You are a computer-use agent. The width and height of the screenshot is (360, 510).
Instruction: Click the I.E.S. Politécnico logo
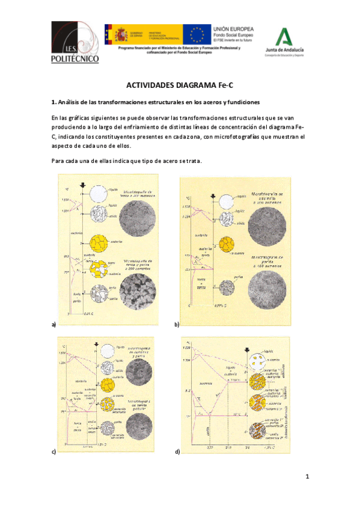point(74,43)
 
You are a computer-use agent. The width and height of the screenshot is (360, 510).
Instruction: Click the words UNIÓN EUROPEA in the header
point(234,28)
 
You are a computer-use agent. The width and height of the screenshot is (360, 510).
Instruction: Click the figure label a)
point(53,324)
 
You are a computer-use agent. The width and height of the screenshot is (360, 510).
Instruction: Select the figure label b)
point(177,324)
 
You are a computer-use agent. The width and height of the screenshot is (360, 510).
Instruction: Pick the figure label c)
point(53,451)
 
